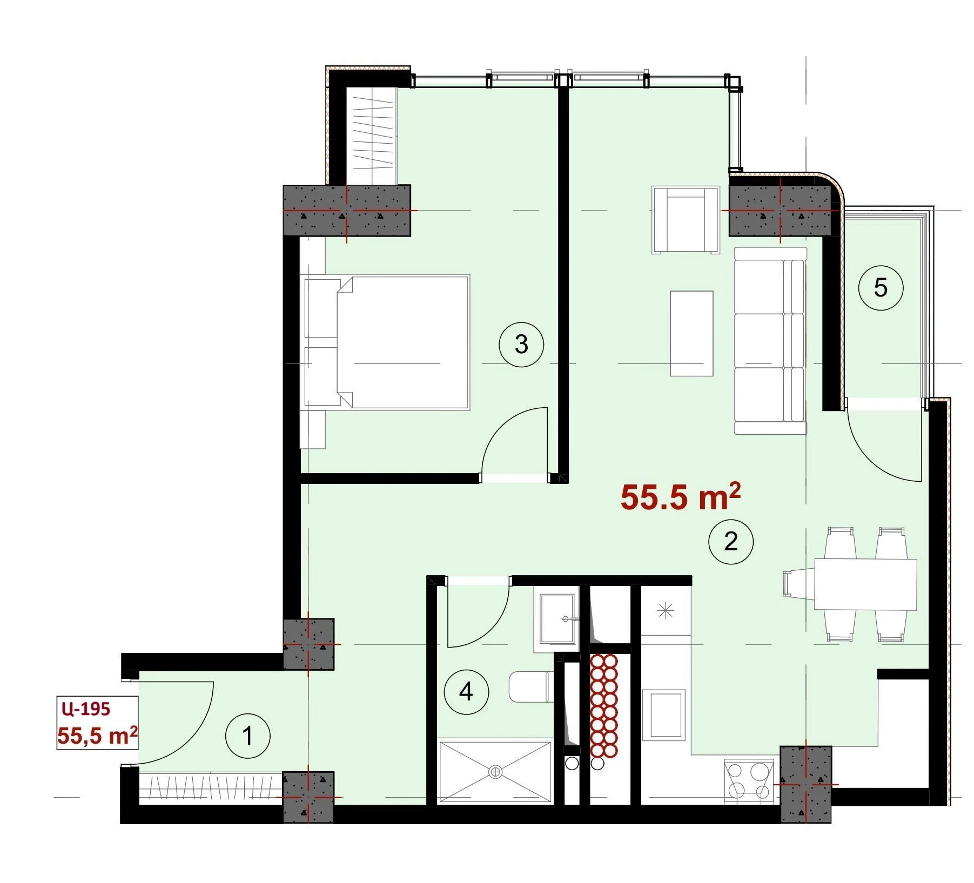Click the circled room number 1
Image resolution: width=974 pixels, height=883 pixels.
247,736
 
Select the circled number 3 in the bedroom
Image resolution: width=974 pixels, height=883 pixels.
521,344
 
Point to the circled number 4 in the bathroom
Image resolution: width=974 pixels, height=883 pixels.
466,692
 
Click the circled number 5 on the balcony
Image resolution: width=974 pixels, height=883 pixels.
881,288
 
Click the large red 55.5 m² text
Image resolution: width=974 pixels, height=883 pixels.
681,497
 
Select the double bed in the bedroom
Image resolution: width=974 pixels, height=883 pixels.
387,342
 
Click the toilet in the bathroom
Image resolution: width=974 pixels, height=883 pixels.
531,686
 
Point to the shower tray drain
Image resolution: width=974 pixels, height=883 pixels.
495,772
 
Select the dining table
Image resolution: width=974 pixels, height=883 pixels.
865,584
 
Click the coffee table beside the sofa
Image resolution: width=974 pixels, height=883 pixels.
691,333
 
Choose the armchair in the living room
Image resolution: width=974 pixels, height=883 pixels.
686,220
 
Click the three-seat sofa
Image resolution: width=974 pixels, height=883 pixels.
770,341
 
